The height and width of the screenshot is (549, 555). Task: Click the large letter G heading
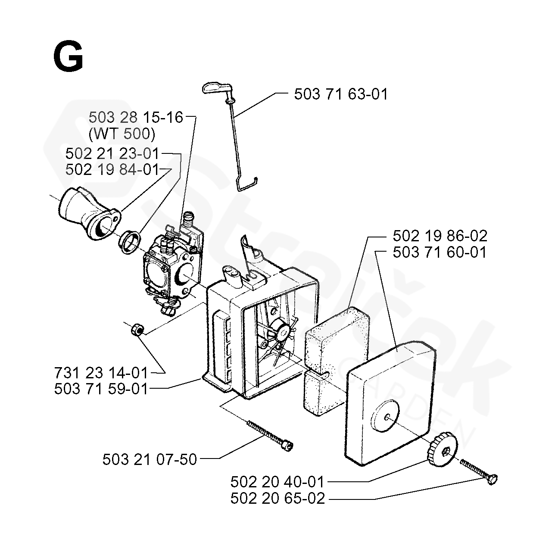click(x=68, y=58)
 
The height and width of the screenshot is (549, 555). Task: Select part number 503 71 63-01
click(x=340, y=94)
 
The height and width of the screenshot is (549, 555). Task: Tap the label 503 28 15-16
click(x=136, y=117)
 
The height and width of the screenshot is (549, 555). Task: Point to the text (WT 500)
click(x=122, y=134)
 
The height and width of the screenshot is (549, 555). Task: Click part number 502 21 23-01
click(x=112, y=153)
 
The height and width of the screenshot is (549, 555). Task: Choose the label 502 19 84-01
click(x=112, y=169)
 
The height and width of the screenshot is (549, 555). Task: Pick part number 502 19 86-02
click(x=440, y=236)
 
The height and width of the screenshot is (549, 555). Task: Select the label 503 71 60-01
click(x=440, y=252)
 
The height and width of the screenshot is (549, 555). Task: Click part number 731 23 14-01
click(x=101, y=372)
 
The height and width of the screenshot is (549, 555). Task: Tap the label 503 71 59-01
click(x=101, y=389)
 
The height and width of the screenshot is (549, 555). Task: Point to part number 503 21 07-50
click(x=150, y=460)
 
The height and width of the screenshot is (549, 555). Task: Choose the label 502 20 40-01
click(x=277, y=482)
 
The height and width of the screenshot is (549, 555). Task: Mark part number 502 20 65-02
click(x=277, y=499)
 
